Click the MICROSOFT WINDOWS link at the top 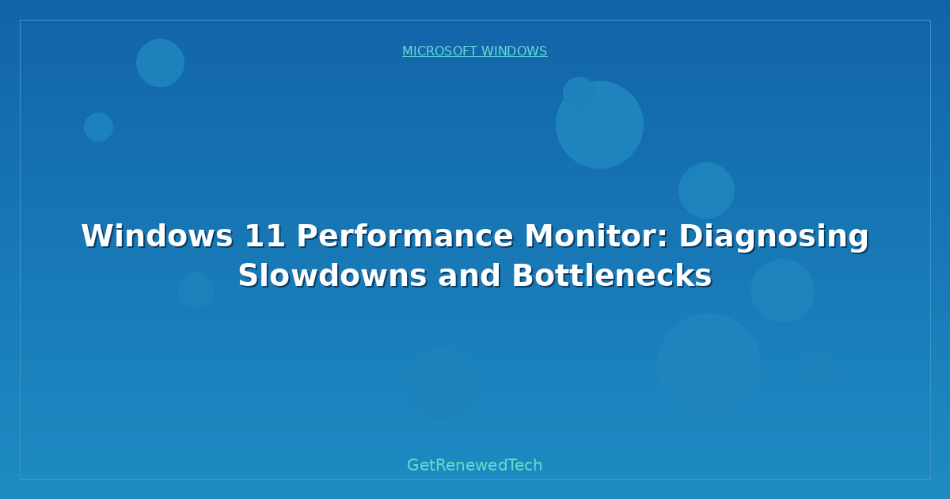click(x=474, y=51)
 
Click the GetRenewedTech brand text click(x=474, y=465)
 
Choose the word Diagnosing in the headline click(x=773, y=236)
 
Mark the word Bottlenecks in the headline click(x=611, y=276)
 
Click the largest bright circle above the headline click(x=599, y=124)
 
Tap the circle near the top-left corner click(x=160, y=63)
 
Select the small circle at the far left click(x=98, y=127)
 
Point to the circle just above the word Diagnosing click(x=706, y=190)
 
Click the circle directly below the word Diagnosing click(x=782, y=291)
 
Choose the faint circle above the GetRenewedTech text click(x=441, y=384)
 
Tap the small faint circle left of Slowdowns click(x=196, y=290)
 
